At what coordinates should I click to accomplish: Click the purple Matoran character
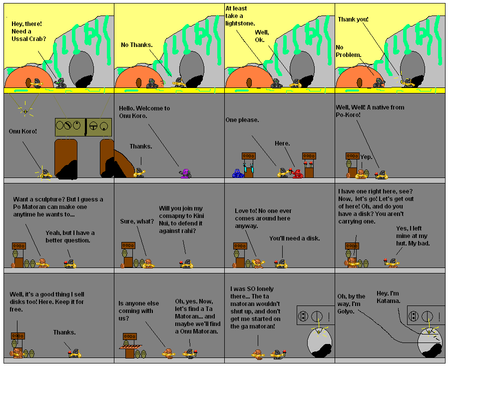[185, 173]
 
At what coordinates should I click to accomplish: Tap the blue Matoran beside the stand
[237, 173]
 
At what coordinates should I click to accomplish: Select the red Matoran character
[298, 173]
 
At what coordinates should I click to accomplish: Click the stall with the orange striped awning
[130, 347]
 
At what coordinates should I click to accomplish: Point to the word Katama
[388, 300]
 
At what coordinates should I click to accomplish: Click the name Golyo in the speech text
[346, 311]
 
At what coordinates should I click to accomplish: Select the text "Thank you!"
[353, 19]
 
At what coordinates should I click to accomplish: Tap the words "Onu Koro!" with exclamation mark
[23, 132]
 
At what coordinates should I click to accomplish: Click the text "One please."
[242, 119]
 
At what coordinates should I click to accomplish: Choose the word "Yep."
[367, 156]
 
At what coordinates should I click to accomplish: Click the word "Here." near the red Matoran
[282, 143]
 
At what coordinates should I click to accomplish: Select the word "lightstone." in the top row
[240, 23]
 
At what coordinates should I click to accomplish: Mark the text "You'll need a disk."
[295, 238]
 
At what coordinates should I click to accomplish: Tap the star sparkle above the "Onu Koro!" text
[25, 111]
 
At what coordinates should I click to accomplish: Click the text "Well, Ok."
[262, 36]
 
